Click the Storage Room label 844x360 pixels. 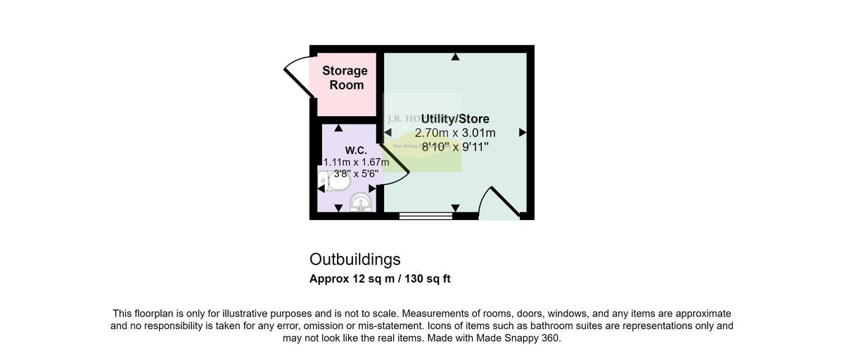pos(345,77)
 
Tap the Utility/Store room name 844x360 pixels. pos(455,119)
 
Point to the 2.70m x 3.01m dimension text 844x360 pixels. pos(455,133)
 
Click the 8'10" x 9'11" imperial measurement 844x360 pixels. pos(455,147)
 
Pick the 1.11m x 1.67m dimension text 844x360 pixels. pos(356,162)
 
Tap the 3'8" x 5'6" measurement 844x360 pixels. pos(356,174)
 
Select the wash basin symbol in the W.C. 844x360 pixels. pos(362,202)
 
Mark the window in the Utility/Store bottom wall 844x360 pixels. pos(426,216)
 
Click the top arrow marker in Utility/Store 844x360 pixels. pos(456,57)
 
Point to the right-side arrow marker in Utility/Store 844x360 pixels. pos(523,132)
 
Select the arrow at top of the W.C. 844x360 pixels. pos(338,128)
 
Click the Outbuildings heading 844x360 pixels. pos(354,259)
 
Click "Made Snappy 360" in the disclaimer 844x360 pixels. pos(519,338)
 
